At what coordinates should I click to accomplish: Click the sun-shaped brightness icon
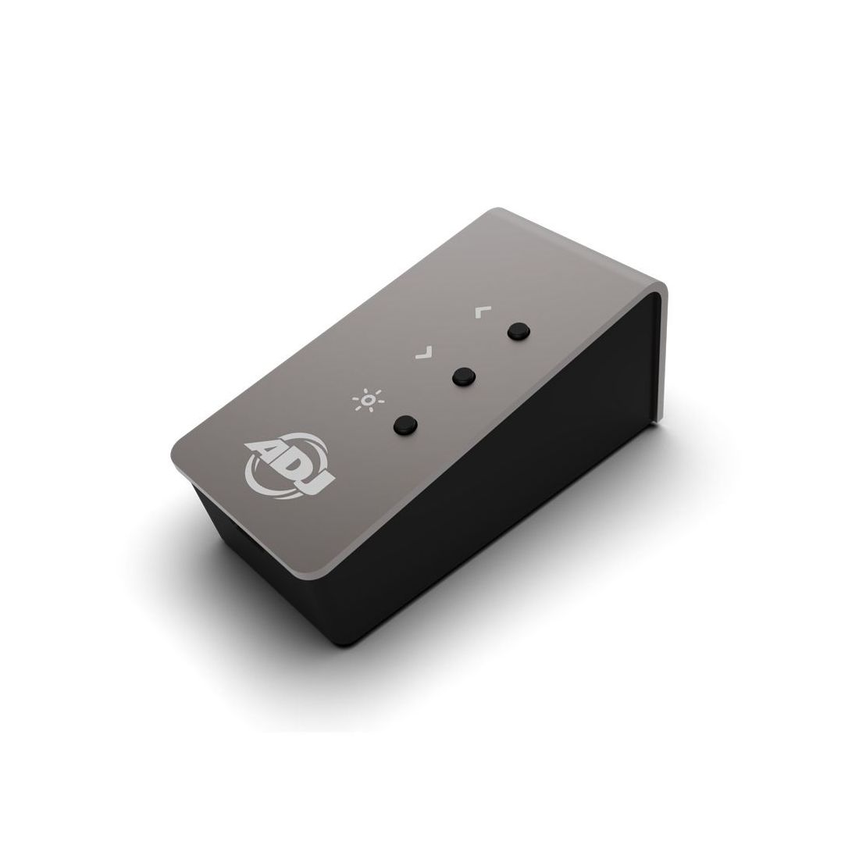pos(368,400)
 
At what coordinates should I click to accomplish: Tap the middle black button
pos(464,376)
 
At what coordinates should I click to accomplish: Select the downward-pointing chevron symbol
pos(425,352)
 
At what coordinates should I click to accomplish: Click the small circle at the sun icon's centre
pos(369,401)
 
